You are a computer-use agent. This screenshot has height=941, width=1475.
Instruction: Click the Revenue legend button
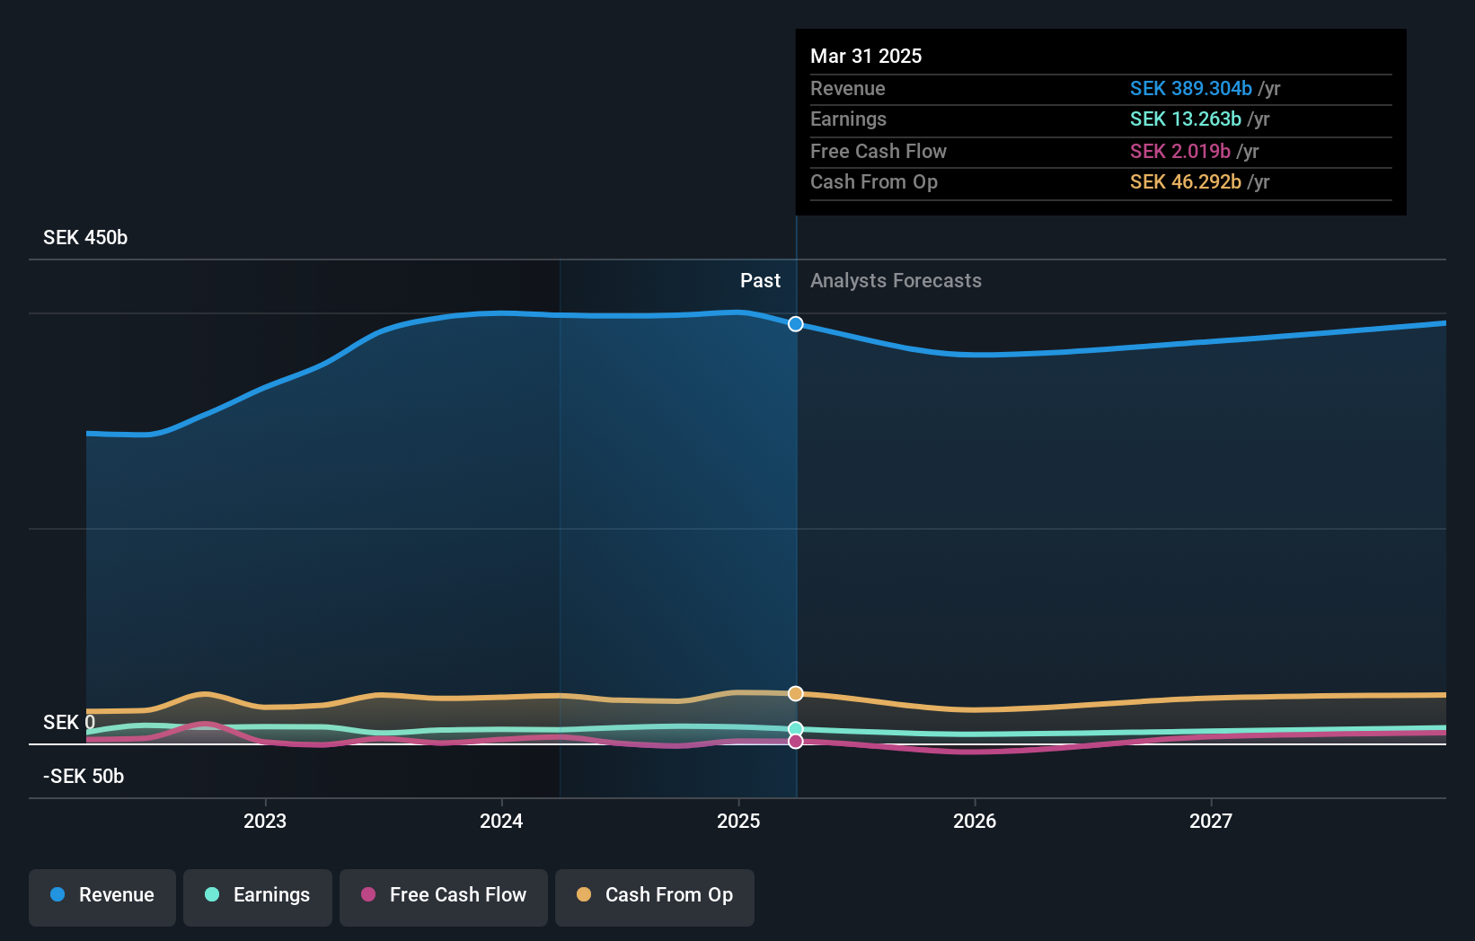[x=102, y=896]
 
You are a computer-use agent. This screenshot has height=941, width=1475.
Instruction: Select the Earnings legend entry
[x=258, y=896]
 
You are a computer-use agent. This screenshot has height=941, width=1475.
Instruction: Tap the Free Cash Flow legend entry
[x=444, y=896]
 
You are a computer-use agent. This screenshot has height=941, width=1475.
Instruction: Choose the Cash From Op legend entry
[x=655, y=896]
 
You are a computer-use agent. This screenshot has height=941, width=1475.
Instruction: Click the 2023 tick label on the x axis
[x=265, y=822]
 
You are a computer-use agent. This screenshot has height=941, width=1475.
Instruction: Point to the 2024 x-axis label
[x=501, y=822]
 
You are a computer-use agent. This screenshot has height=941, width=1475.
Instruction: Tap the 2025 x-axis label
[x=738, y=822]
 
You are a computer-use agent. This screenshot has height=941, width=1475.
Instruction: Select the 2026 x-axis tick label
[x=975, y=822]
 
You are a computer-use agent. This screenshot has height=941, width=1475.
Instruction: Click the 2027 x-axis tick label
[x=1211, y=822]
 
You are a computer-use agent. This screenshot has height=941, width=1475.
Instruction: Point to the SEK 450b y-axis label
[x=85, y=238]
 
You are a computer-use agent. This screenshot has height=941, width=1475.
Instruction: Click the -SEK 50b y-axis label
[x=84, y=777]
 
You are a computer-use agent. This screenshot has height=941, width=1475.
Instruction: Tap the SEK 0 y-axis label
[x=69, y=723]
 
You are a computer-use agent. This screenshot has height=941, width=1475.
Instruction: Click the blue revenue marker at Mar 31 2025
[x=796, y=324]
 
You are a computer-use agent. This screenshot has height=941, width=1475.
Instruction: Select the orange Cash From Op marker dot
[x=796, y=693]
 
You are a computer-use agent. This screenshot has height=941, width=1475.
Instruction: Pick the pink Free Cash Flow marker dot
[x=796, y=742]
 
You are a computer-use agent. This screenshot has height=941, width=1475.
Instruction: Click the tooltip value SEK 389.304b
[x=1190, y=89]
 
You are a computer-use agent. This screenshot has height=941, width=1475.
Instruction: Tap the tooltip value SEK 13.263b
[x=1185, y=119]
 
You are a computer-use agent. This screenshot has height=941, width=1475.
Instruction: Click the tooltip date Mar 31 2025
[x=866, y=57]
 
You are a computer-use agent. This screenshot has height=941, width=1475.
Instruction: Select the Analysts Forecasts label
[x=896, y=281]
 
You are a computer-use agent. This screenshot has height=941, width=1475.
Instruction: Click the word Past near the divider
[x=760, y=281]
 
